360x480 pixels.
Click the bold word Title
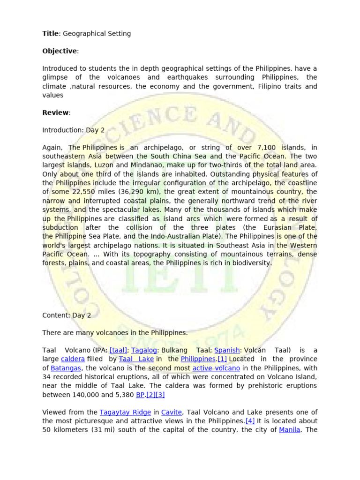[x=51, y=34]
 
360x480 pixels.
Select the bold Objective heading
[x=60, y=51]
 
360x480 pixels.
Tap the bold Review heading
[x=55, y=112]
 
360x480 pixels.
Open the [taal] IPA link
[x=119, y=350]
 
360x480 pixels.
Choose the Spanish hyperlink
[x=227, y=350]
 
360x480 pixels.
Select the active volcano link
[x=216, y=368]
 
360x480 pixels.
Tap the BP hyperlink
[x=140, y=395]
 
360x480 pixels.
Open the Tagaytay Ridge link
[x=125, y=412]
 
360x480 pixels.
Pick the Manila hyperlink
[x=289, y=430]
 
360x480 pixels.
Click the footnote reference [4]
[x=250, y=421]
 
